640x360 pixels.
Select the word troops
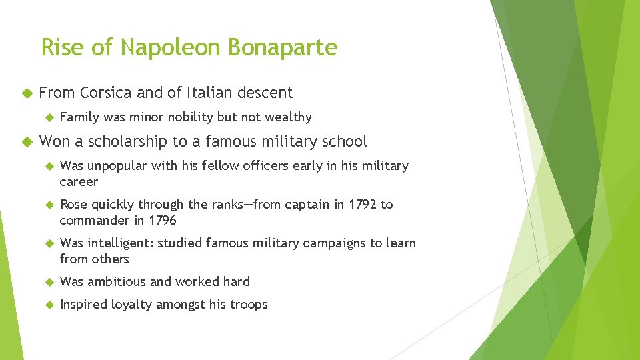coord(247,305)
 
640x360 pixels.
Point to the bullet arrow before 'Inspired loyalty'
coord(47,305)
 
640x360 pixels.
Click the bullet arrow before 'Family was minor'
coord(47,117)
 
